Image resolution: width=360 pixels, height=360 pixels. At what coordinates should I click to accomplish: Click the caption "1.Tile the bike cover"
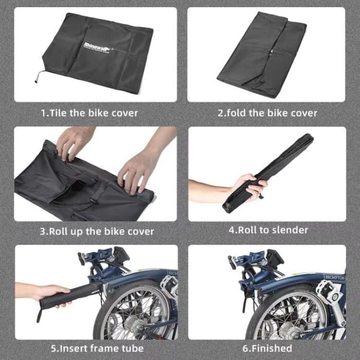pyautogui.click(x=89, y=112)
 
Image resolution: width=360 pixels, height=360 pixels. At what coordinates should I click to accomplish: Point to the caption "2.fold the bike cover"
pyautogui.click(x=267, y=112)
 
